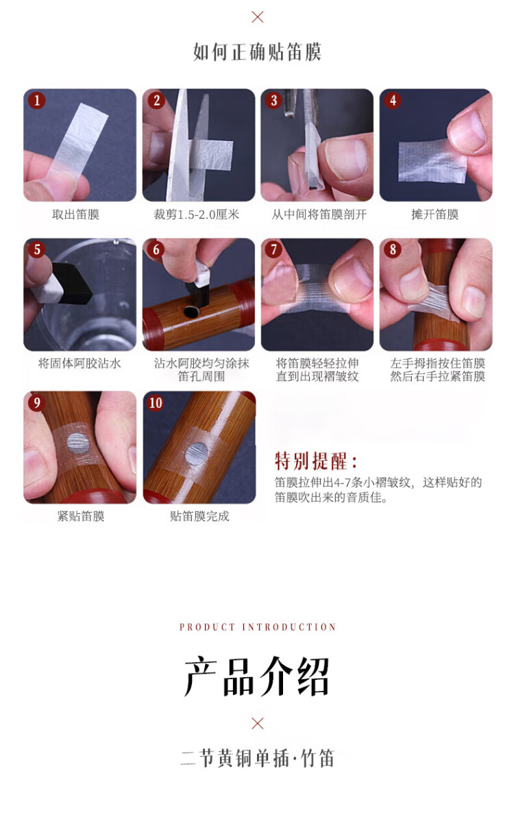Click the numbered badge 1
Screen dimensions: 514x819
tap(36, 100)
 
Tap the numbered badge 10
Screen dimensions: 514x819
tap(156, 403)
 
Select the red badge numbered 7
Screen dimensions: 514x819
tap(273, 249)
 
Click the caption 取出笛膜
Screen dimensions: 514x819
tap(76, 214)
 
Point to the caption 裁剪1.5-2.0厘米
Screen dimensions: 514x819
tap(197, 214)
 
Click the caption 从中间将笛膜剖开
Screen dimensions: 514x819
tap(319, 214)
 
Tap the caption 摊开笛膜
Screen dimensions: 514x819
tap(435, 214)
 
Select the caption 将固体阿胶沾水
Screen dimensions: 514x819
tap(79, 363)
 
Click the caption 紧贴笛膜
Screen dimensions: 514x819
tap(81, 516)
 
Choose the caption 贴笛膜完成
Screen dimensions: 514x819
tap(199, 516)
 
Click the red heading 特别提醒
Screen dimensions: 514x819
tap(315, 461)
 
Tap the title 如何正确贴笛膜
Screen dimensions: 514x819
tap(257, 51)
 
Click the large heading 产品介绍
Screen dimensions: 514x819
tap(256, 676)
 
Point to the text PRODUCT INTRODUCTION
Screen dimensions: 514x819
tap(258, 627)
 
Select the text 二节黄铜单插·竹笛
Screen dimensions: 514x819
tap(257, 759)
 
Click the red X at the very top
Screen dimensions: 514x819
tap(258, 17)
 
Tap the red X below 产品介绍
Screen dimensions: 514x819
tap(258, 724)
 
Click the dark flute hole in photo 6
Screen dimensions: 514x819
tap(191, 313)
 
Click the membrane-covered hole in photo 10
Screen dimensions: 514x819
tap(197, 454)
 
